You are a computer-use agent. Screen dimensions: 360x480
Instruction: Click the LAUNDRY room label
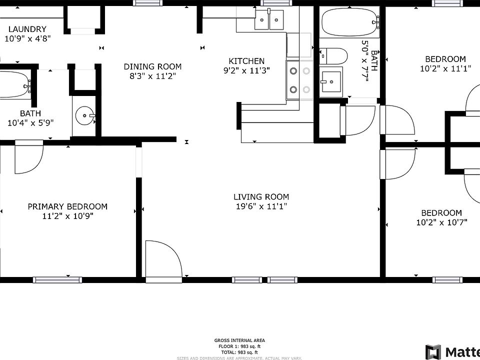(x=27, y=29)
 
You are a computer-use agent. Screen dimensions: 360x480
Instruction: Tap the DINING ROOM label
(x=152, y=66)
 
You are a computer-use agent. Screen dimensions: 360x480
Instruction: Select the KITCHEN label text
(x=246, y=61)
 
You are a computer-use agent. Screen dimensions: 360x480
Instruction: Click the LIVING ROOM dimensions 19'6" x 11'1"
(x=261, y=206)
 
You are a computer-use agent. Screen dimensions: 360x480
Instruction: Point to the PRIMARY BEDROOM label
(x=67, y=206)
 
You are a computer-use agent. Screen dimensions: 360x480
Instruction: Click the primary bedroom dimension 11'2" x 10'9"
(x=67, y=216)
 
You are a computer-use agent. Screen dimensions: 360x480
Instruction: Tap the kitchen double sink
(x=268, y=21)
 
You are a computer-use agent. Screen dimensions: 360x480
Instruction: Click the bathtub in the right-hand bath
(x=349, y=22)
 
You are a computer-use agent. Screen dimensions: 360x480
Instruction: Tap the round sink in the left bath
(x=85, y=116)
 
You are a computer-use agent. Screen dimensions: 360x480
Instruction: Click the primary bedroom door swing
(x=28, y=157)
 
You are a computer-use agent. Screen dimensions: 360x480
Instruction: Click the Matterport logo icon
(x=433, y=351)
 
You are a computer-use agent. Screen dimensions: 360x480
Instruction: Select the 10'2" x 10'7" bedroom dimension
(x=441, y=223)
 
